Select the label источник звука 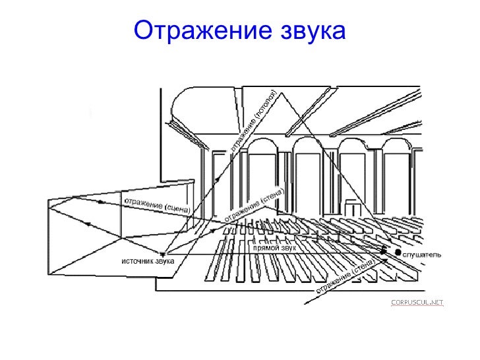click(147, 261)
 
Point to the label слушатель click(423, 255)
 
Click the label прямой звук click(275, 249)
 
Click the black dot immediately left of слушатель click(398, 252)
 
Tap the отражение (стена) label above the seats click(255, 205)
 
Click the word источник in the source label click(135, 261)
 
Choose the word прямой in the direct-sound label click(265, 249)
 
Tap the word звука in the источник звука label click(163, 261)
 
